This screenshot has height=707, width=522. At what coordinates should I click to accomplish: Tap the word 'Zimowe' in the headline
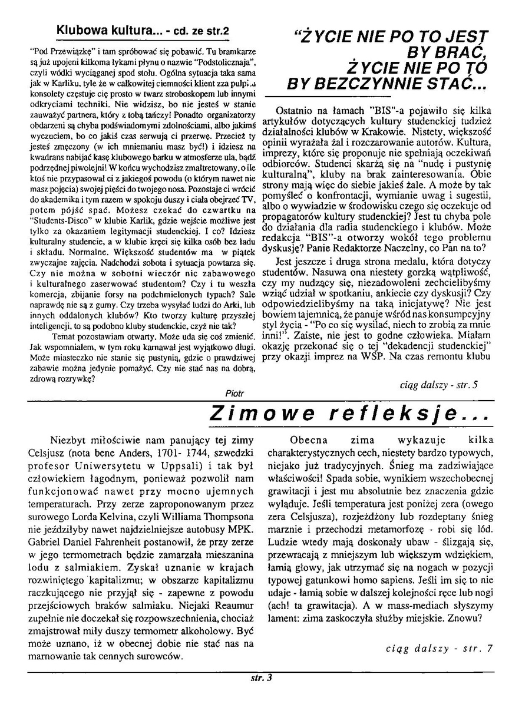(253, 414)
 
